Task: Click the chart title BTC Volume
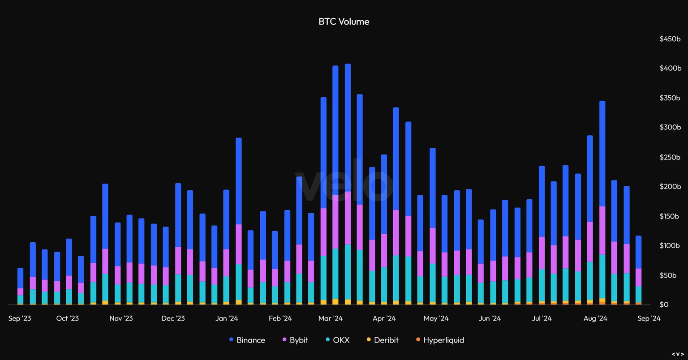(x=344, y=21)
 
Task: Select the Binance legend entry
(x=247, y=340)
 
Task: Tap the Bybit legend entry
(x=295, y=340)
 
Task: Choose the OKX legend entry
(x=337, y=340)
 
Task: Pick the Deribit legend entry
(x=383, y=340)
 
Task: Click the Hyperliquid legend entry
(x=440, y=340)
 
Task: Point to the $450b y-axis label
(x=670, y=39)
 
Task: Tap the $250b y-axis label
(x=670, y=157)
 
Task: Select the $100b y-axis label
(x=670, y=245)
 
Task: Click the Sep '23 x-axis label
(x=20, y=318)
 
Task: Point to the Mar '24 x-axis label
(x=331, y=318)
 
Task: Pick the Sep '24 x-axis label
(x=649, y=318)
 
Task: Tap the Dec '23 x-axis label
(x=173, y=318)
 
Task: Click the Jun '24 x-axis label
(x=490, y=318)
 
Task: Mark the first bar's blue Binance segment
(x=20, y=278)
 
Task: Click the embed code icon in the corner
(x=678, y=354)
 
